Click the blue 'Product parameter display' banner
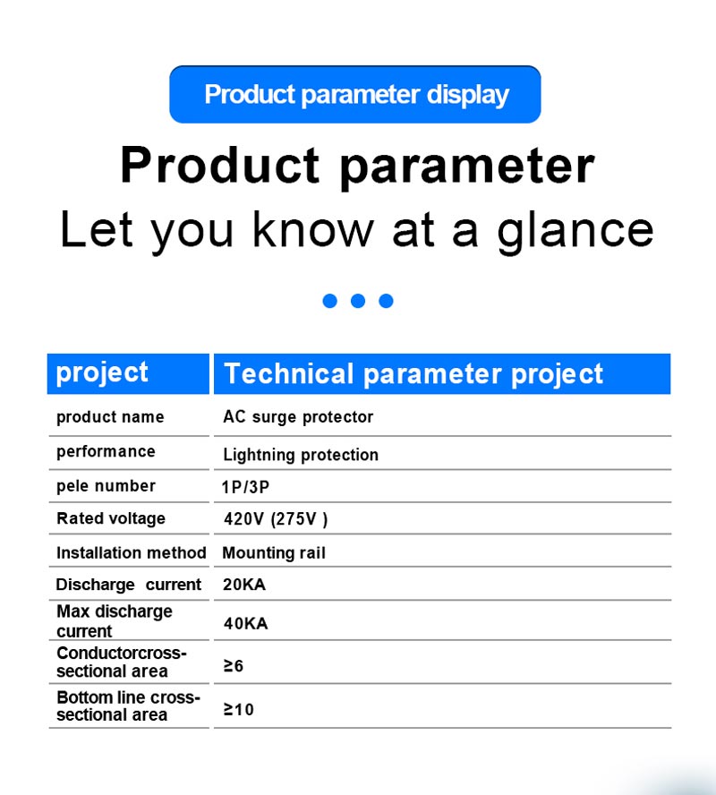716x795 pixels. (x=355, y=94)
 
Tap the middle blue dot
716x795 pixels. (x=358, y=301)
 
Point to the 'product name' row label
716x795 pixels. (x=110, y=417)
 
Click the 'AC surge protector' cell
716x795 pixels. (x=298, y=417)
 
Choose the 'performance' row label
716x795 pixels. (x=106, y=452)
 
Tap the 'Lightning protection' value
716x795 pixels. (x=301, y=455)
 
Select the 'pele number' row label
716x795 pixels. (x=106, y=486)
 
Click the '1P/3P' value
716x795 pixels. (x=245, y=487)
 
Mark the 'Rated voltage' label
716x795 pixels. (x=111, y=518)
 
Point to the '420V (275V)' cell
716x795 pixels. (x=276, y=519)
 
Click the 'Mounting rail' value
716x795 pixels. (x=274, y=552)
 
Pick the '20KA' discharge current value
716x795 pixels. (x=244, y=585)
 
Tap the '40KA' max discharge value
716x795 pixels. (x=246, y=623)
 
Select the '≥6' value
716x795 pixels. (x=233, y=666)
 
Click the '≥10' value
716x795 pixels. (x=239, y=709)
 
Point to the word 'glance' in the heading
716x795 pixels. (x=575, y=231)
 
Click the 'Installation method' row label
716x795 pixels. (x=132, y=552)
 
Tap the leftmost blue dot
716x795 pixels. (x=330, y=301)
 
